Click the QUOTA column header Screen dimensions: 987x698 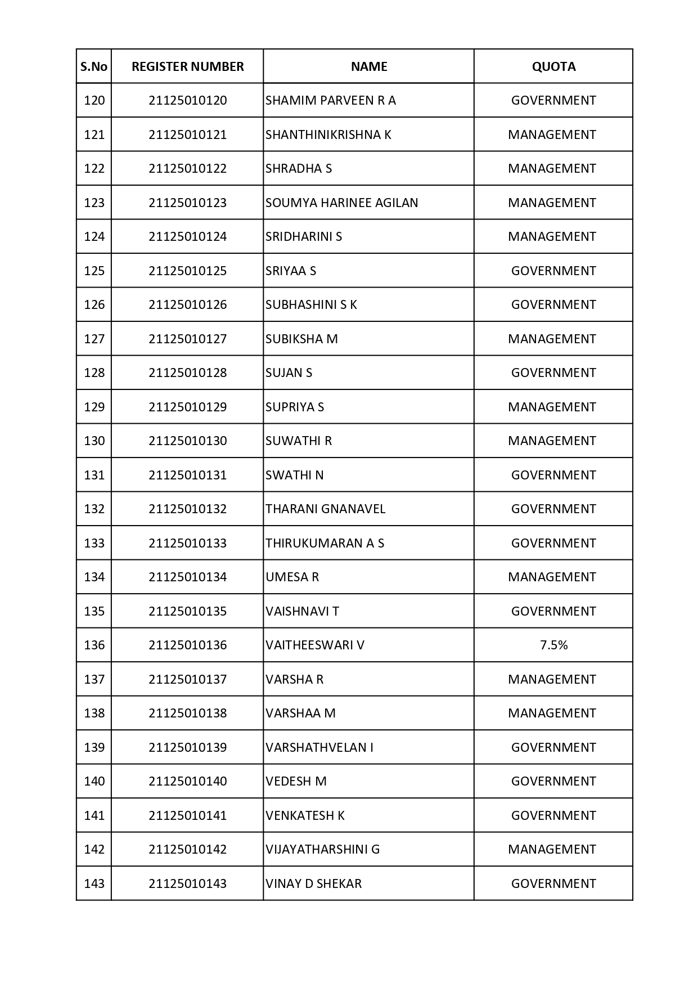pos(553,66)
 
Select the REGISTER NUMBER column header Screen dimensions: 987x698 pos(187,66)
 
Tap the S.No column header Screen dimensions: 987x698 pos(94,66)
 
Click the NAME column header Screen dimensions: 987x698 pos(369,66)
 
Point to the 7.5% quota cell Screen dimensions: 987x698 pos(553,645)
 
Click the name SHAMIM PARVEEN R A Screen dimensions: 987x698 pos(331,100)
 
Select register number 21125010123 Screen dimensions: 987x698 pos(187,203)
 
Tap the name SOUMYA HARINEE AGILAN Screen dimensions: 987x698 pos(341,203)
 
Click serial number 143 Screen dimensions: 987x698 pos(94,883)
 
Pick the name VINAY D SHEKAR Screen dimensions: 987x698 pos(313,883)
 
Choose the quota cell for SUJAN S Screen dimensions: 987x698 pos(553,373)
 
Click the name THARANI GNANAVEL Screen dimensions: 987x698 pos(325,509)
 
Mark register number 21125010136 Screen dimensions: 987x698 pos(187,645)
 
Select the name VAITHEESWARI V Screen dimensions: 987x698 pos(315,645)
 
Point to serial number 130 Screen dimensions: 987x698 pos(94,441)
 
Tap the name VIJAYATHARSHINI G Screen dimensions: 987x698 pos(322,849)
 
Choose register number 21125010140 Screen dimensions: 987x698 pos(187,781)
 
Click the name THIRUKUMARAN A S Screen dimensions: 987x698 pos(325,543)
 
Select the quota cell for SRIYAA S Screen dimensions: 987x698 pos(553,271)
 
